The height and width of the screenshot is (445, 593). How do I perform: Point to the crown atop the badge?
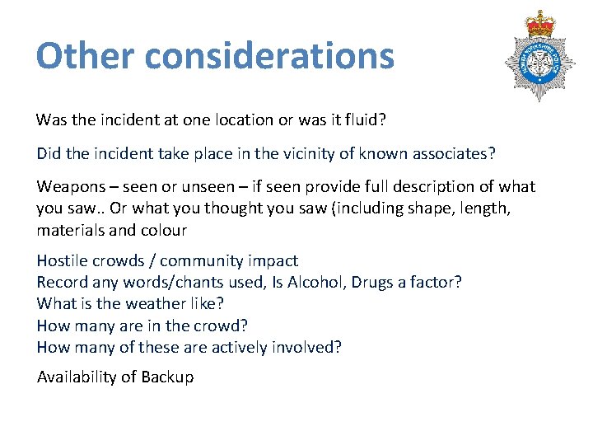541,22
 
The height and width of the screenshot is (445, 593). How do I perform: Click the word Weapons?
70,187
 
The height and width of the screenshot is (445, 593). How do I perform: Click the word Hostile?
62,261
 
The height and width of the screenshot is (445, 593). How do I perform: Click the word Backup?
168,377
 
